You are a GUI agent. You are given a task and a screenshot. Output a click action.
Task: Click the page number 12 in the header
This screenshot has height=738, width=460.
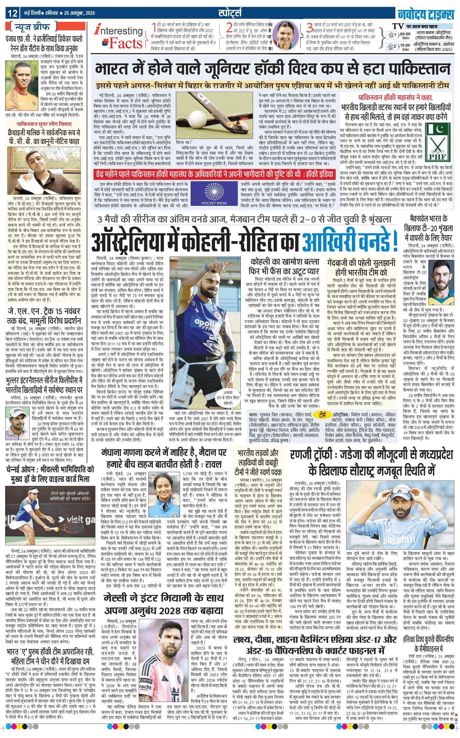tap(13, 13)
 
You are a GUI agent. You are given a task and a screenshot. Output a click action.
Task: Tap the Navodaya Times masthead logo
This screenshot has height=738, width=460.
tap(426, 14)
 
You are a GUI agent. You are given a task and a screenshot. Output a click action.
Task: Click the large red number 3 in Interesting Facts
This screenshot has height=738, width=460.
tap(309, 28)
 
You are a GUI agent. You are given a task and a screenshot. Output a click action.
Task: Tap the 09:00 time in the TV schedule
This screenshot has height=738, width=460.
tap(405, 34)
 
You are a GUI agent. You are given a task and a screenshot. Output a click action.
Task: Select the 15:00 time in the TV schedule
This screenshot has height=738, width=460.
tap(405, 45)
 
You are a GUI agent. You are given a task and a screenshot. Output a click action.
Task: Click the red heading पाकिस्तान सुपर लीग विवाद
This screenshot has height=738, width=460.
tap(44, 124)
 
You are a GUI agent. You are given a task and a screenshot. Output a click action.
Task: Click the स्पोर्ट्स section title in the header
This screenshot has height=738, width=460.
tap(230, 13)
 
